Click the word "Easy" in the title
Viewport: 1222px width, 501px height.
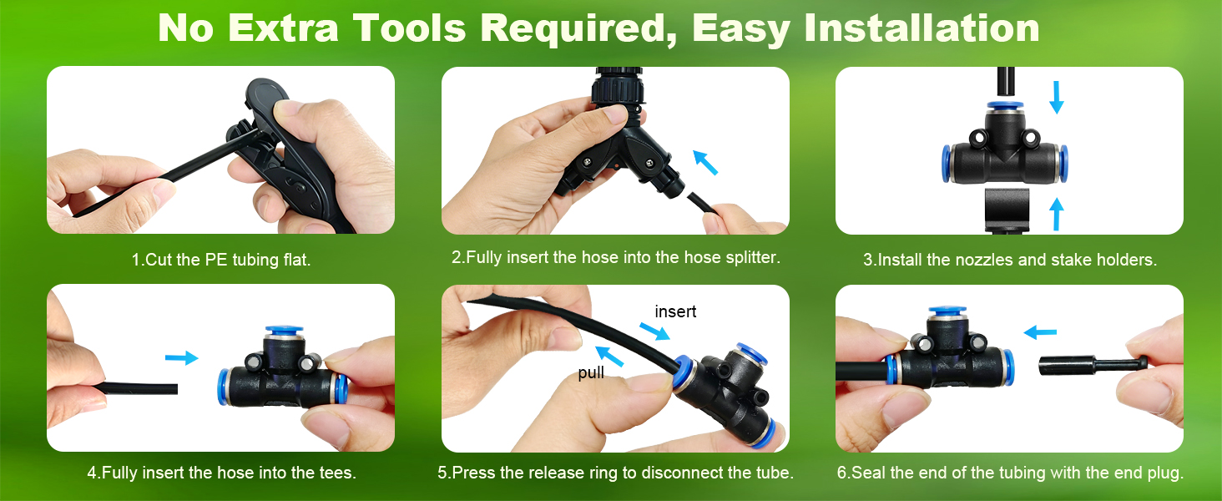point(741,28)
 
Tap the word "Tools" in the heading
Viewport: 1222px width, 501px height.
point(409,28)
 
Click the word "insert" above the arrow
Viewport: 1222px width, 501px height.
point(675,311)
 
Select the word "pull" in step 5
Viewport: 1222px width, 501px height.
point(591,373)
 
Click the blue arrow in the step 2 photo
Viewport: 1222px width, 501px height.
point(704,163)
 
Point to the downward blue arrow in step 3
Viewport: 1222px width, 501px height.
point(1057,97)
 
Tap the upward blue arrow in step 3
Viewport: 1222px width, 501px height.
point(1057,214)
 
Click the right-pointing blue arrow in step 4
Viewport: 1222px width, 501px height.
point(182,358)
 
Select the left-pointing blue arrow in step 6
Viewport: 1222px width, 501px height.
point(1040,331)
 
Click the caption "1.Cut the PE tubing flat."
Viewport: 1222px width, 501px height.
point(221,260)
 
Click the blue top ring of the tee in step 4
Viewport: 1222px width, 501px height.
point(284,331)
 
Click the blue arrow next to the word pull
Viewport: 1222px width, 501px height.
point(609,357)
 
